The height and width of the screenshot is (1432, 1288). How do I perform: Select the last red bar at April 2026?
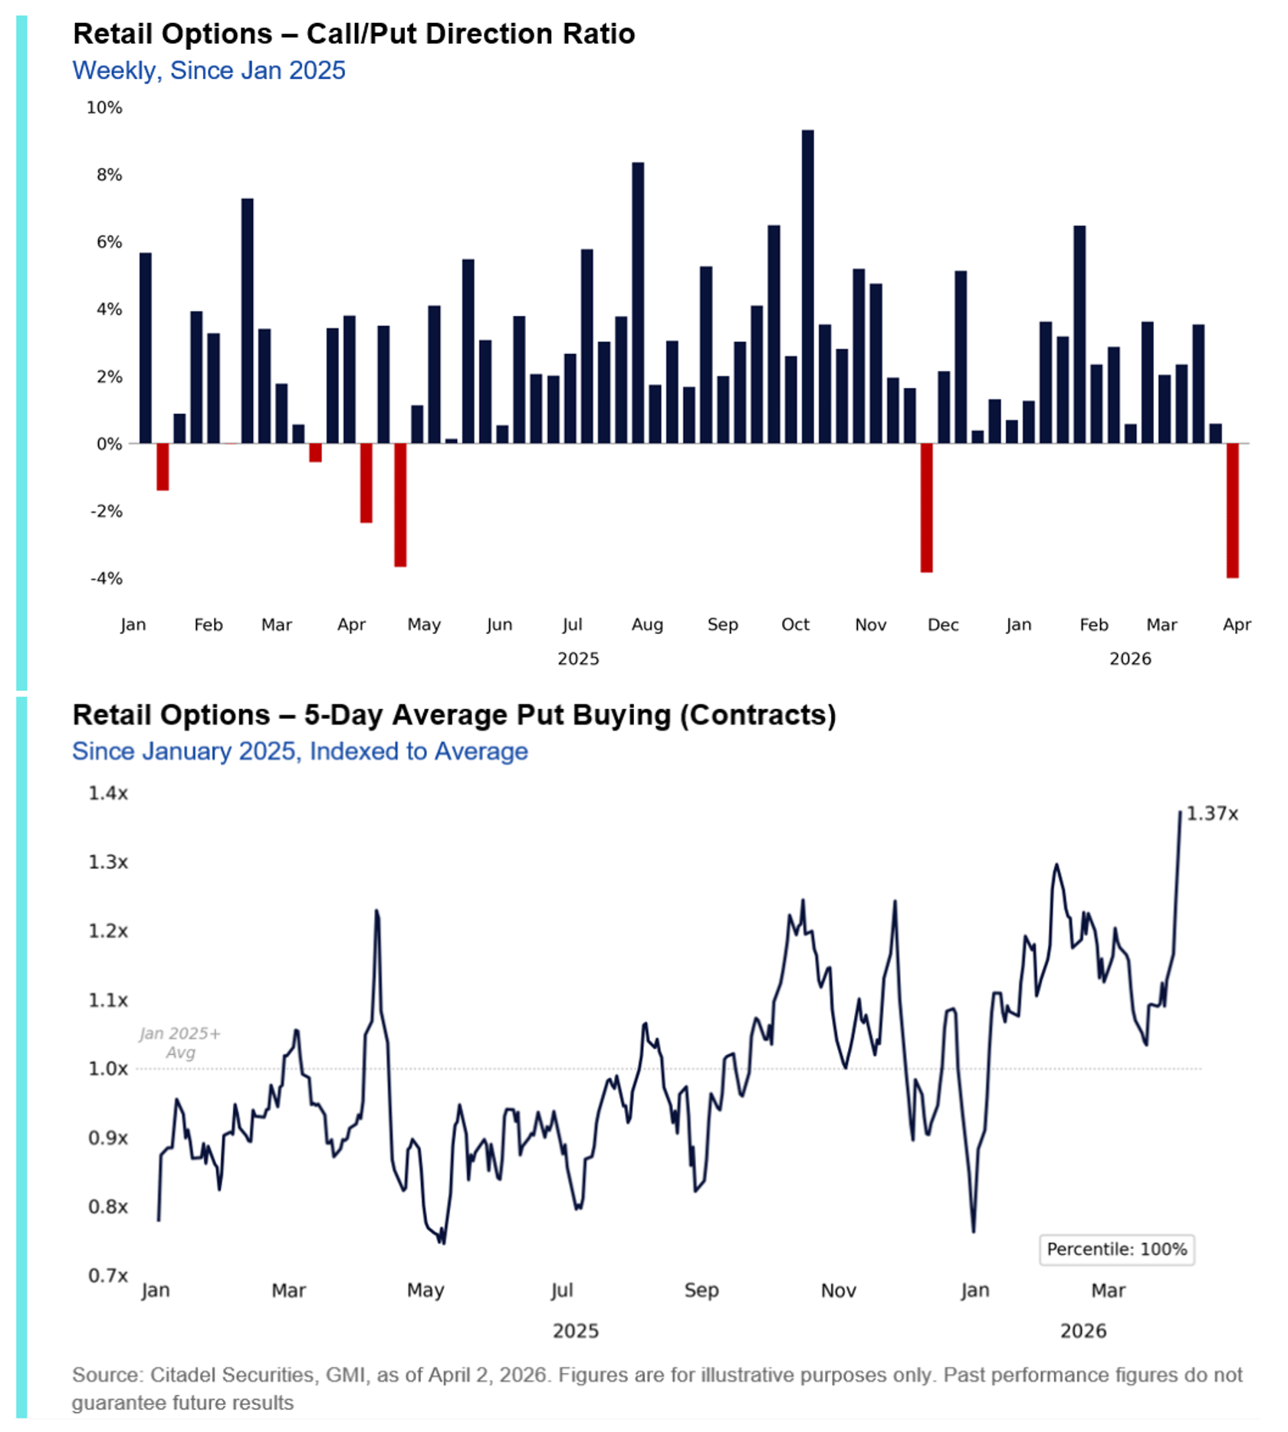tap(1232, 510)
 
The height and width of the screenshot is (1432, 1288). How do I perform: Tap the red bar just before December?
tap(926, 507)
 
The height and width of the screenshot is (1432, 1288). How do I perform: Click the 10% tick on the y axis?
tap(104, 108)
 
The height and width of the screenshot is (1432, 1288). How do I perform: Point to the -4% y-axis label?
tap(107, 579)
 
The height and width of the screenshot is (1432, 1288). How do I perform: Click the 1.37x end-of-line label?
tap(1212, 813)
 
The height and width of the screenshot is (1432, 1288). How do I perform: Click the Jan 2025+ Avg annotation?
tap(180, 1043)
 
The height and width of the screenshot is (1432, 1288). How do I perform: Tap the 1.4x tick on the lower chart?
tap(108, 793)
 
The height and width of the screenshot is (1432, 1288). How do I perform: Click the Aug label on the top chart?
tap(647, 625)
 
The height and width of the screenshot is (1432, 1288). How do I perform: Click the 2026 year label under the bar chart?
tap(1130, 659)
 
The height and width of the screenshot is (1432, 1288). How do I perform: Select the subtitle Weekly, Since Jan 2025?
tap(209, 71)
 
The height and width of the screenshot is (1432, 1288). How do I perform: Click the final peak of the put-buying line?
tap(1180, 813)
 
